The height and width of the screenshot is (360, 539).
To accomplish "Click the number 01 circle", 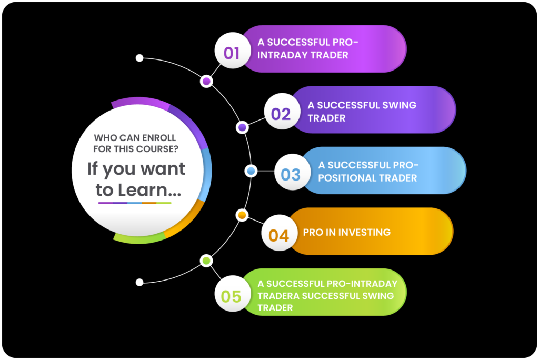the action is [x=232, y=51].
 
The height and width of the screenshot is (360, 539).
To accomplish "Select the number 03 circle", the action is [x=292, y=172].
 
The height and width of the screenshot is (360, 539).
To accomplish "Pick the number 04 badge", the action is [x=279, y=233].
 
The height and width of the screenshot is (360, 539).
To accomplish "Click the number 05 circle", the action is [x=232, y=294].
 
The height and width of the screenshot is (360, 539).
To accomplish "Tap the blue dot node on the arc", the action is [x=251, y=171].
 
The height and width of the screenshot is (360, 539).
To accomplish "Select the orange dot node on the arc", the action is [x=242, y=215].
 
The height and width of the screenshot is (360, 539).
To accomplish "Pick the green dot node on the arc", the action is [x=206, y=261].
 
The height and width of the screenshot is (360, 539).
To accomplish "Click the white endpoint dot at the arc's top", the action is [x=139, y=58].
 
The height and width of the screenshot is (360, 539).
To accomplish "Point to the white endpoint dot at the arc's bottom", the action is [x=139, y=282].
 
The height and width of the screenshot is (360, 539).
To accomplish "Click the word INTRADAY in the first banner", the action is [x=282, y=55].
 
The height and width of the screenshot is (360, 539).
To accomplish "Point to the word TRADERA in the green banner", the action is [x=278, y=296].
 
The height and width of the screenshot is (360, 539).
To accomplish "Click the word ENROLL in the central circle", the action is [x=159, y=138].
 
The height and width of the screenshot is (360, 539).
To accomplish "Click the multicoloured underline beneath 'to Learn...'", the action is [x=135, y=203].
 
